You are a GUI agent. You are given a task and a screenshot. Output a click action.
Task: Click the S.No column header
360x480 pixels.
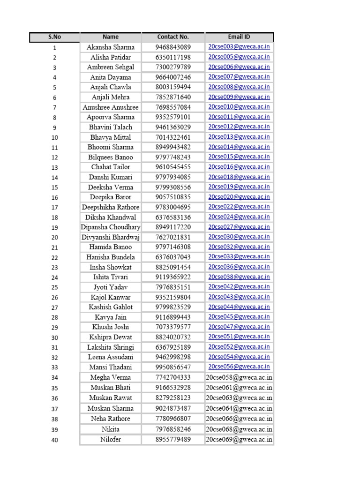54,37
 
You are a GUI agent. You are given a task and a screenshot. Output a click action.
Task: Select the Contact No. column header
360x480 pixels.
173,37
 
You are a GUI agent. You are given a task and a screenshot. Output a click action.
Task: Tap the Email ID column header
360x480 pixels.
239,37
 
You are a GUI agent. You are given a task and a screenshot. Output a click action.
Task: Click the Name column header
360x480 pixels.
111,37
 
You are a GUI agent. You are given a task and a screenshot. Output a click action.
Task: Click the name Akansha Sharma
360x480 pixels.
111,47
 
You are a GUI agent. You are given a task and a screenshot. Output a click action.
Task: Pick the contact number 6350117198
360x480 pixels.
173,57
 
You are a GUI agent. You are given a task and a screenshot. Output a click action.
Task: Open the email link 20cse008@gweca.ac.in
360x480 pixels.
239,87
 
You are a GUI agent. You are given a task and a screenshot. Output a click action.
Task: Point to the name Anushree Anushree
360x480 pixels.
111,107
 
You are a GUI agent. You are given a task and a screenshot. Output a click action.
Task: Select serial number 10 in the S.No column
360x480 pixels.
54,138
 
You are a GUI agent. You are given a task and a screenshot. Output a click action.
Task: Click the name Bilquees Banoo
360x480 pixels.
111,157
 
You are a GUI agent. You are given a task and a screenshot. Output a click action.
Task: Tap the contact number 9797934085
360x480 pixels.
173,177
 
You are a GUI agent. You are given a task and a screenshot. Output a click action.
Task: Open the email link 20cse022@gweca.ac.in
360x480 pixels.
239,207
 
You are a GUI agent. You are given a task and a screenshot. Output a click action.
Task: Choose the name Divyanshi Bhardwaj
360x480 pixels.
111,237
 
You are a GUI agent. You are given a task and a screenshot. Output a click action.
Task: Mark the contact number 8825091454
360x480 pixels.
173,267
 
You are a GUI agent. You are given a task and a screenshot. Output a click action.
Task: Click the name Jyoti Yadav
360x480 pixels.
111,287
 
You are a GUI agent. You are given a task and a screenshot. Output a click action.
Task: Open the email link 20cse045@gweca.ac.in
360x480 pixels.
239,317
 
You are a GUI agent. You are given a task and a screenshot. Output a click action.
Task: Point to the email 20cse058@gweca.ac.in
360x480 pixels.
239,377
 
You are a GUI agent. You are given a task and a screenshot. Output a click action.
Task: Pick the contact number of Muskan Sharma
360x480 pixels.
173,408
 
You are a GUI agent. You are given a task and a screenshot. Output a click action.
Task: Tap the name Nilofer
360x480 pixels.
111,440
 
